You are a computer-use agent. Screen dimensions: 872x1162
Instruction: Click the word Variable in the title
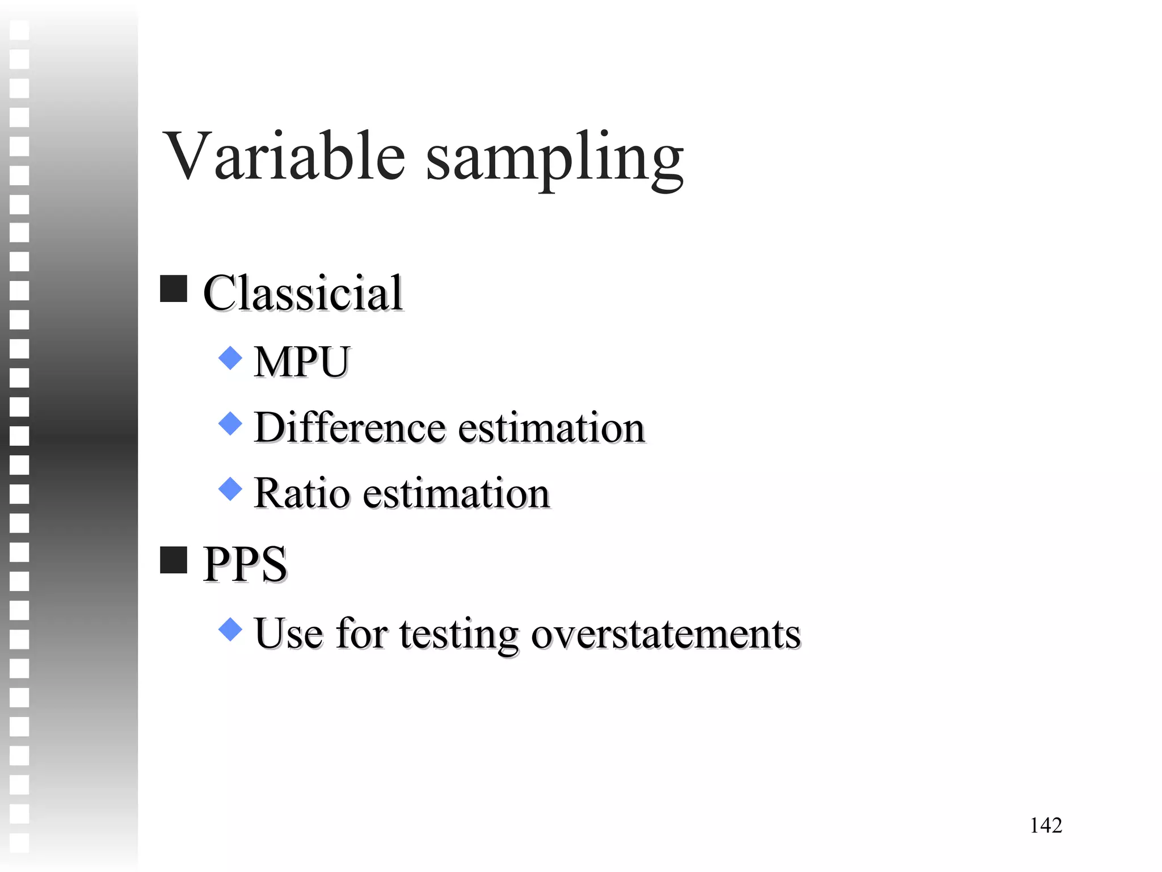(x=284, y=156)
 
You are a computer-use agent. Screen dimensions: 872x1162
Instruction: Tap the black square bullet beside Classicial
(x=174, y=289)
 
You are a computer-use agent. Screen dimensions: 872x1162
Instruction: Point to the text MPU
(x=302, y=362)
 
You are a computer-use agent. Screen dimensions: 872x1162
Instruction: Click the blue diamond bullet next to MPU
(x=230, y=358)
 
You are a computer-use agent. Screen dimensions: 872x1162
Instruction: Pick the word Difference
(x=350, y=427)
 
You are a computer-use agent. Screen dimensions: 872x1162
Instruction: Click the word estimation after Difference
(x=551, y=428)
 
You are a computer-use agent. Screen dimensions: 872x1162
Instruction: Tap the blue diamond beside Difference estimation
(x=230, y=424)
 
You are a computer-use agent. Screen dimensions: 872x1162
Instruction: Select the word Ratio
(x=301, y=493)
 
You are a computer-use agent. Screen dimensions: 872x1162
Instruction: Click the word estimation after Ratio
(x=456, y=493)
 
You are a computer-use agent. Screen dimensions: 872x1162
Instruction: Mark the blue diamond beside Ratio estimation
(x=230, y=489)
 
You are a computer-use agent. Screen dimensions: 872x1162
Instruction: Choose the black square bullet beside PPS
(x=174, y=560)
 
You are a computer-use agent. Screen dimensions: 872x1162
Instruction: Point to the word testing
(x=458, y=635)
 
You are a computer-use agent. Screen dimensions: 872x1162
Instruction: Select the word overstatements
(x=666, y=634)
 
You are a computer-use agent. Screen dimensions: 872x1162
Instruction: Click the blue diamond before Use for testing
(x=230, y=630)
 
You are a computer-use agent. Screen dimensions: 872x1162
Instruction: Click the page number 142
(x=1046, y=825)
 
